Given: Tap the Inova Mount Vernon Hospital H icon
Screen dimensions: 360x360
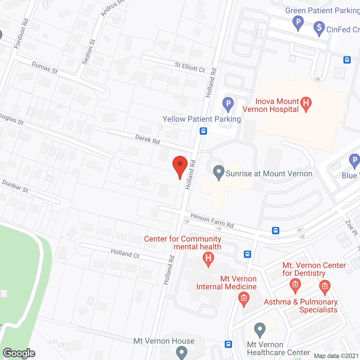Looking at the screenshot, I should coord(306,103).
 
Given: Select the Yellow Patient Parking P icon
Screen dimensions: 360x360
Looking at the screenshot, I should coord(228,104).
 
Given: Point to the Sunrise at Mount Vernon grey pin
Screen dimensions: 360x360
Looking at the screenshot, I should coord(219,172).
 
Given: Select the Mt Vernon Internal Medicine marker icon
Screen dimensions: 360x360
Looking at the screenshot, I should coord(244,298).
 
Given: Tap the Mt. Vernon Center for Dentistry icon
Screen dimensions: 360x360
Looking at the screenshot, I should coord(295,285).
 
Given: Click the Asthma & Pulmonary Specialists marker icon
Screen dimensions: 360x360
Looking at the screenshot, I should coord(325,287).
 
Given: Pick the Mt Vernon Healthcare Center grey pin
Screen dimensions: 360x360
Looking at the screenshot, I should coord(260,329).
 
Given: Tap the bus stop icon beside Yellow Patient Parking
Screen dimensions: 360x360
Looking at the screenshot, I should coord(203,131).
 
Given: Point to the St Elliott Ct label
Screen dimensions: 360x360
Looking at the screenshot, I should coord(190,67).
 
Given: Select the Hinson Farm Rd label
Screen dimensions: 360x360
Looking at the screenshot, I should coord(212,220).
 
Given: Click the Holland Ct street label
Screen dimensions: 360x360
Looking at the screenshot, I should coord(125,253).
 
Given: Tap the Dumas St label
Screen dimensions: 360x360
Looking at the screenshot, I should coord(45,68).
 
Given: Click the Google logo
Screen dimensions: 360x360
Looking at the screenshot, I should coord(19,353).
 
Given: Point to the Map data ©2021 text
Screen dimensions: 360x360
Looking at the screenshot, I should coord(336,356).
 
